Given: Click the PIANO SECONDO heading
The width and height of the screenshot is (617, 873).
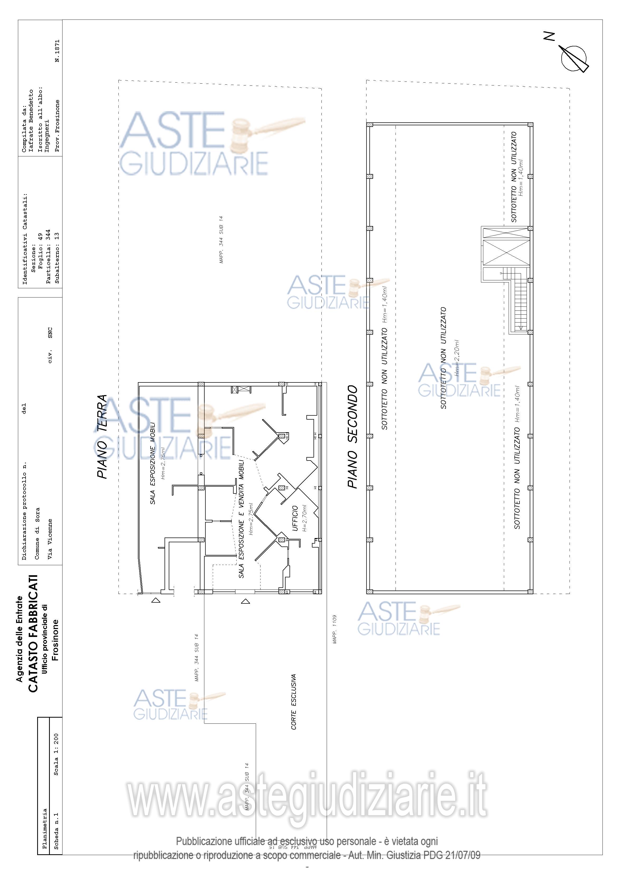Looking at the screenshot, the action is point(353,436).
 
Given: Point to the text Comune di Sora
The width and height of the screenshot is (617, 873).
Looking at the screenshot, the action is point(37,534).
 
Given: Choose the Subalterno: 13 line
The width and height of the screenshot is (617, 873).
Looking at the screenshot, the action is point(57,258).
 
